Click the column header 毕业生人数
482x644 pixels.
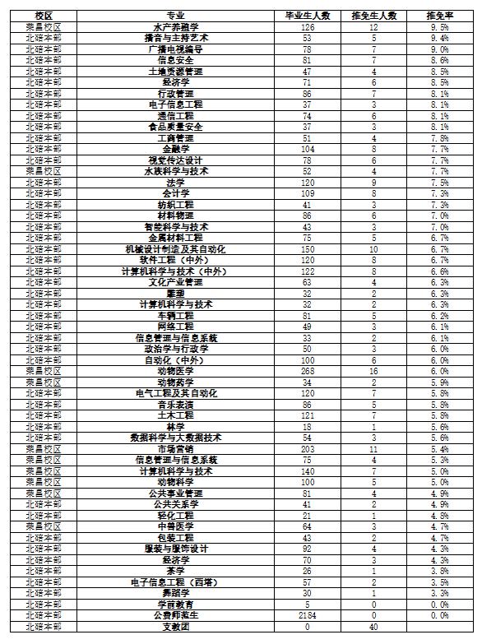[x=305, y=16]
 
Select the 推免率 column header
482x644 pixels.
[x=437, y=16]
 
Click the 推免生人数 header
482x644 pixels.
[x=373, y=16]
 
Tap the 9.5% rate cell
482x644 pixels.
[x=437, y=27]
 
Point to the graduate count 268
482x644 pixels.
[x=305, y=371]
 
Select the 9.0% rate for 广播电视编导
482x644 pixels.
[x=437, y=49]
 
